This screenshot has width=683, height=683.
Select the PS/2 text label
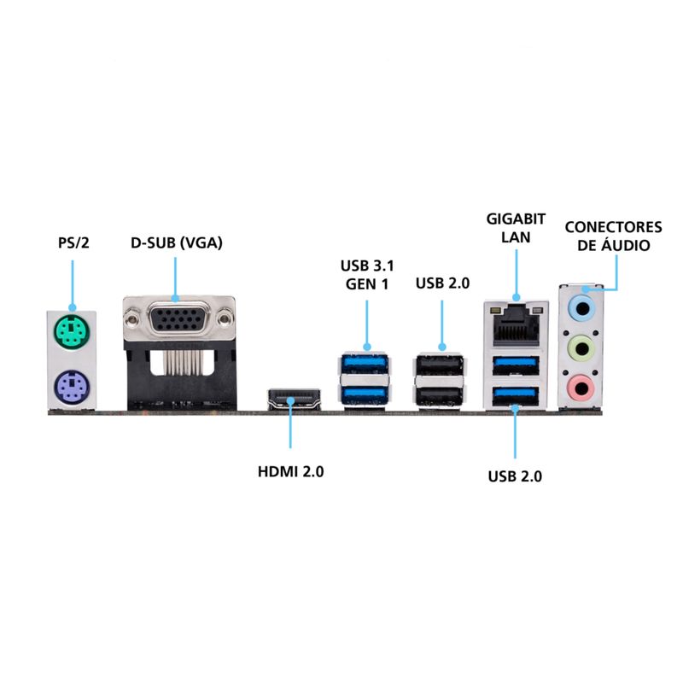pyautogui.click(x=73, y=243)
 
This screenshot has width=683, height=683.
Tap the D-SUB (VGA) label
pyautogui.click(x=176, y=243)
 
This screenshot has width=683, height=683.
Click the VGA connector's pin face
pyautogui.click(x=178, y=322)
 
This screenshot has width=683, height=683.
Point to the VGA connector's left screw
pyautogui.click(x=133, y=321)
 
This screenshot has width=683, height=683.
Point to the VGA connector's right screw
pyautogui.click(x=224, y=321)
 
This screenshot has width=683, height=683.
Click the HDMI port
pyautogui.click(x=293, y=397)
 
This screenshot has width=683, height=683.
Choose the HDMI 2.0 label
pyautogui.click(x=290, y=470)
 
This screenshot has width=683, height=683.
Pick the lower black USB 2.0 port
pyautogui.click(x=441, y=394)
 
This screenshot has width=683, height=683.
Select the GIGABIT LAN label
pyautogui.click(x=516, y=228)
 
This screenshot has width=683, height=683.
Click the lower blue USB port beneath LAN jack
pyautogui.click(x=517, y=394)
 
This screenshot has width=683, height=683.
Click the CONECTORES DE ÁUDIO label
pyautogui.click(x=613, y=236)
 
